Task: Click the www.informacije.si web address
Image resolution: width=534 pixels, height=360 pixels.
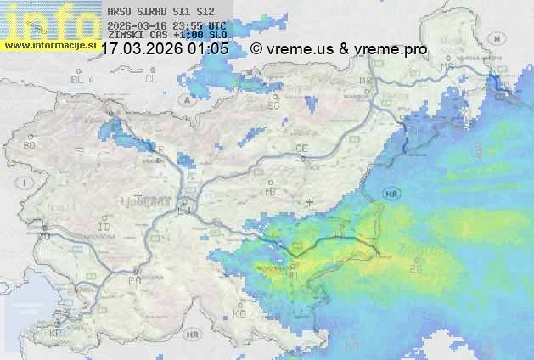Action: coord(49,45)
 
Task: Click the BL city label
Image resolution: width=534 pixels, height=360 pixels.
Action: coord(79,79)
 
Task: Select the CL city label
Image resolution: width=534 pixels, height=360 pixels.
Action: coord(151,79)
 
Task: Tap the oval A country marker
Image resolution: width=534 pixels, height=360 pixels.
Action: coord(186,99)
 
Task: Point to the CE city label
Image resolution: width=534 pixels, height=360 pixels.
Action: coord(301,149)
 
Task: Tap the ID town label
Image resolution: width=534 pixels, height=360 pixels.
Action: coord(104,228)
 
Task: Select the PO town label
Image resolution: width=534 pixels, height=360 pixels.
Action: coord(133,279)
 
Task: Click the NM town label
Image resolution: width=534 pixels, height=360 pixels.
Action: coord(293,275)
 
